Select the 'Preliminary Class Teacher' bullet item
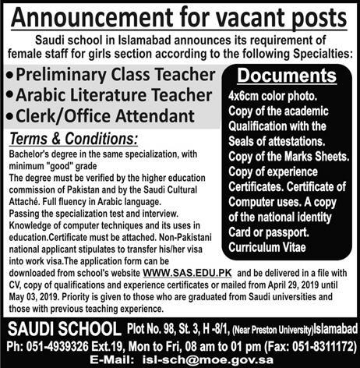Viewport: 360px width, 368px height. (x=112, y=76)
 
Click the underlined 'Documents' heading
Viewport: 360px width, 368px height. (x=286, y=77)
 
